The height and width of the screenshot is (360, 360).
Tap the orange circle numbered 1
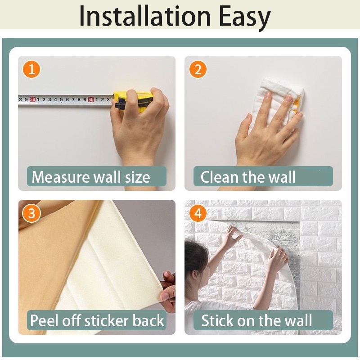pyautogui.click(x=31, y=69)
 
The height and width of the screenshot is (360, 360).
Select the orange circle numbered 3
pyautogui.click(x=31, y=213)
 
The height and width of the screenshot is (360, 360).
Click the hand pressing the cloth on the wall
pyautogui.click(x=265, y=130)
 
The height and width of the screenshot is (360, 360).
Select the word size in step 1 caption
pyautogui.click(x=137, y=177)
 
